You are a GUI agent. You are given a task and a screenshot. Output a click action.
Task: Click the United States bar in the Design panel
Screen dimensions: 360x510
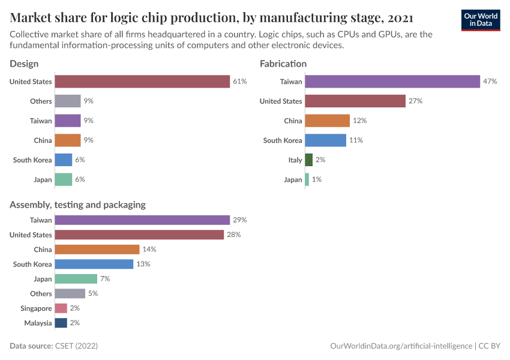click(142, 82)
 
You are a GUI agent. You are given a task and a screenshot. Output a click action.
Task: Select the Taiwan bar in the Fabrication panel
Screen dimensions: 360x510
click(392, 82)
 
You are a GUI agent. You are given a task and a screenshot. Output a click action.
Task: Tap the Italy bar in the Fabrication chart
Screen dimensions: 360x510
click(308, 160)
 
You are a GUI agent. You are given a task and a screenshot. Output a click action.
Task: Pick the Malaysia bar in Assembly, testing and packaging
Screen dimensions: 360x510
click(61, 323)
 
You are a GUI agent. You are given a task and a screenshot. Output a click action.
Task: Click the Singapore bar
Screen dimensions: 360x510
click(61, 308)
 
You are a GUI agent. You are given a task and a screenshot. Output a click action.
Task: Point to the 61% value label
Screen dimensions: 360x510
click(239, 82)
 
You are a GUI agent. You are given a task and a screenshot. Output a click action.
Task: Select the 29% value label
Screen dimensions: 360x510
click(239, 220)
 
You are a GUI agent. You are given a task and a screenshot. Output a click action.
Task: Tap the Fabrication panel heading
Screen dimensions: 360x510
click(283, 64)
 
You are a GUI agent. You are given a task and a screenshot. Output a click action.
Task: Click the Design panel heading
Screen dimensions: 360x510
click(24, 64)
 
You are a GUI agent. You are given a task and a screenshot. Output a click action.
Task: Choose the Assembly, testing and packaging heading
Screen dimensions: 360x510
click(77, 205)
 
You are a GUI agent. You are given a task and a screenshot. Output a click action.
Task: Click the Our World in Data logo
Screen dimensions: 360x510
click(481, 19)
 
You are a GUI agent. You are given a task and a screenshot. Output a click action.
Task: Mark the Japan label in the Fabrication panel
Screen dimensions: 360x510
click(293, 179)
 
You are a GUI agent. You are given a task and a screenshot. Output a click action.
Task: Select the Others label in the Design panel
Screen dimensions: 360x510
click(41, 101)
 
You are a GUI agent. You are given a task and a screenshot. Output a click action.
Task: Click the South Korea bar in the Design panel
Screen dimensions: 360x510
click(63, 160)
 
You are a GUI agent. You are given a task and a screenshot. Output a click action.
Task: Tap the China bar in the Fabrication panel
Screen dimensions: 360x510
click(327, 121)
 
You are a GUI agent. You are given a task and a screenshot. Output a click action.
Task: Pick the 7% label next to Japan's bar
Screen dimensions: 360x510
click(105, 279)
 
